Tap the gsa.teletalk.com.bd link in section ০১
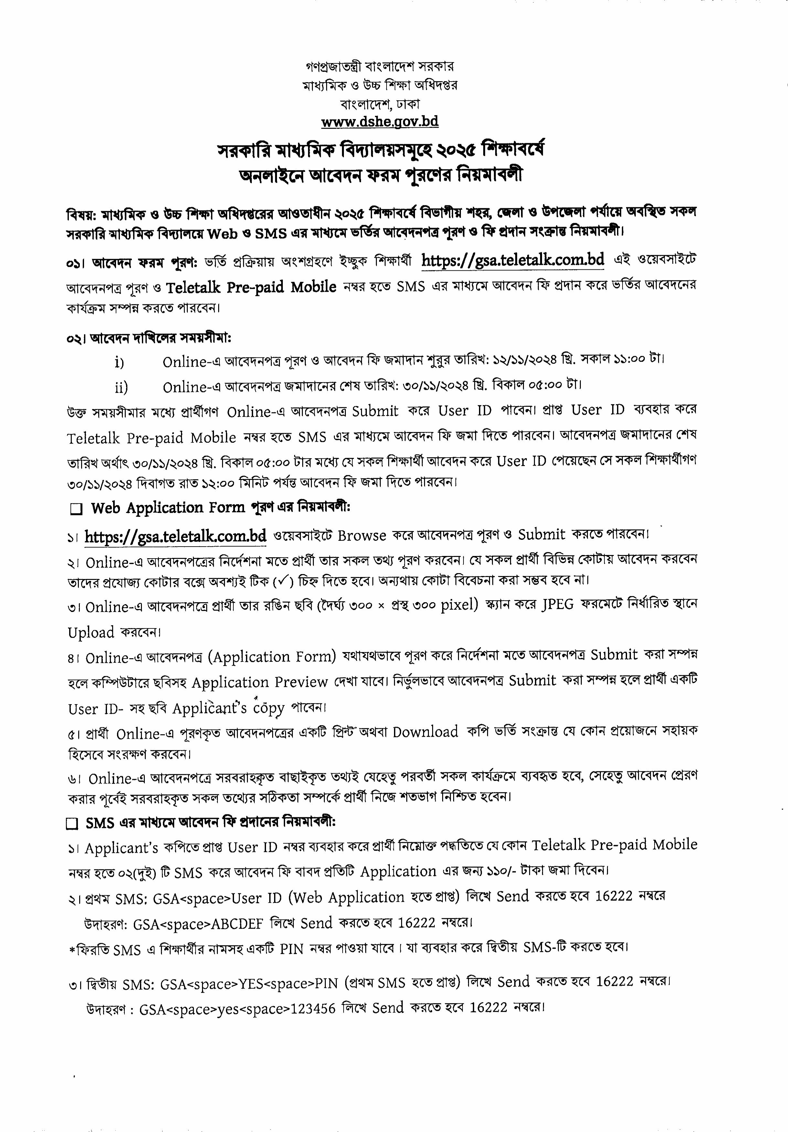pos(513,260)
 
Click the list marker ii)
pos(121,387)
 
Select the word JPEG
pos(557,604)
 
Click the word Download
pos(425,732)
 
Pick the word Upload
pos(91,633)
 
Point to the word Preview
pos(301,682)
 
